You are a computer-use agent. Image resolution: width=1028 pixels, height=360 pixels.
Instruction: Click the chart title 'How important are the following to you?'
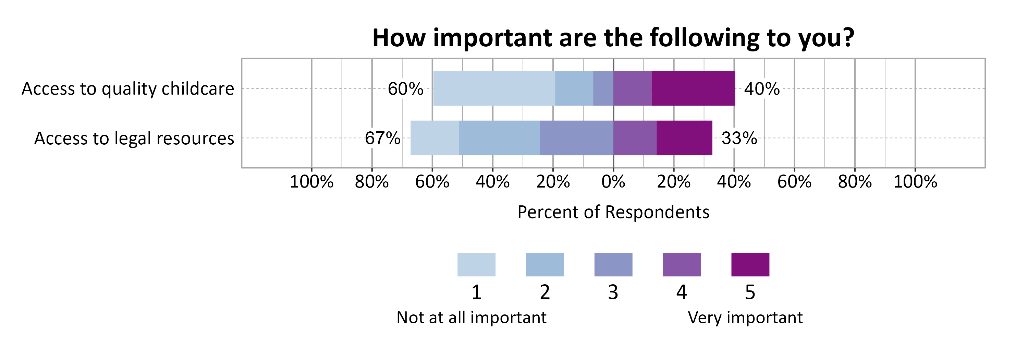613,38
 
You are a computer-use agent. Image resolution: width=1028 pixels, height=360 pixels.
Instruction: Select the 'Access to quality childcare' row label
128,88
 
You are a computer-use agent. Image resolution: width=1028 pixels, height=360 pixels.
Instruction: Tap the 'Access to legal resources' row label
134,139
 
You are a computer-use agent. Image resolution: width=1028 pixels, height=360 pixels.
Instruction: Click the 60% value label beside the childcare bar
405,88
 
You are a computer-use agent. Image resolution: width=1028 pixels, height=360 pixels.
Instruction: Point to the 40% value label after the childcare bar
761,88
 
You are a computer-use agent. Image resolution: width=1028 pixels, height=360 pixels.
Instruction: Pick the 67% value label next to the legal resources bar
382,139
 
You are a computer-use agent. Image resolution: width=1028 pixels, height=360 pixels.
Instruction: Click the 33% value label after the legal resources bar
739,139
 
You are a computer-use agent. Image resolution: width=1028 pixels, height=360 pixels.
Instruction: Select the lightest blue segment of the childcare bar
494,88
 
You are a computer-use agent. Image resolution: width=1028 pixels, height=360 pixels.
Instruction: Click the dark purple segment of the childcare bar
693,88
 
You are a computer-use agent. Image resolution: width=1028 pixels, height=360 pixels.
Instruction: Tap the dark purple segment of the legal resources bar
684,138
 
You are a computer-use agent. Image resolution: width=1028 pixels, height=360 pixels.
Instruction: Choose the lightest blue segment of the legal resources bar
434,138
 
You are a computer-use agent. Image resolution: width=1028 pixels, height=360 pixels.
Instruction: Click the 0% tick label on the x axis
613,182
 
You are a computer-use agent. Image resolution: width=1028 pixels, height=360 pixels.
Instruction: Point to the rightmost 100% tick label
915,182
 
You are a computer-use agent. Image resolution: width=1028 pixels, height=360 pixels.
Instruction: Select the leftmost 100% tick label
311,182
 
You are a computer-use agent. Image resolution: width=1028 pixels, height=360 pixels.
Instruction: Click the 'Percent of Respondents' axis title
613,212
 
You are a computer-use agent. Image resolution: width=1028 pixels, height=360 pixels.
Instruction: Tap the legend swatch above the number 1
476,264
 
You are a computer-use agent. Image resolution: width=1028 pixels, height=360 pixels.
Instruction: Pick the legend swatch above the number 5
750,264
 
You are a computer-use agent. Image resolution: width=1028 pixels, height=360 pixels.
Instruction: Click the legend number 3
613,292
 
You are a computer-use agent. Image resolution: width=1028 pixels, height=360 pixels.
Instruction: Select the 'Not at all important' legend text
471,318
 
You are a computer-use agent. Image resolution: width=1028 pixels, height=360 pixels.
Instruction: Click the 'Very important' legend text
745,318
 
